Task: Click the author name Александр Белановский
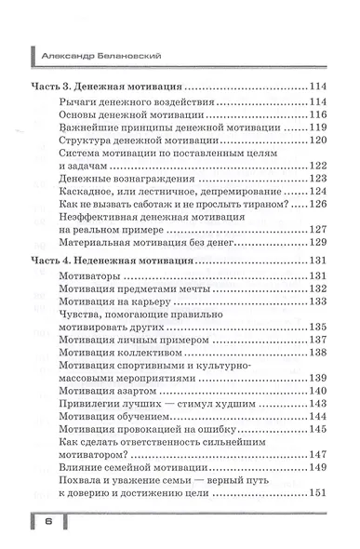point(102,55)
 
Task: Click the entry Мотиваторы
point(91,277)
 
